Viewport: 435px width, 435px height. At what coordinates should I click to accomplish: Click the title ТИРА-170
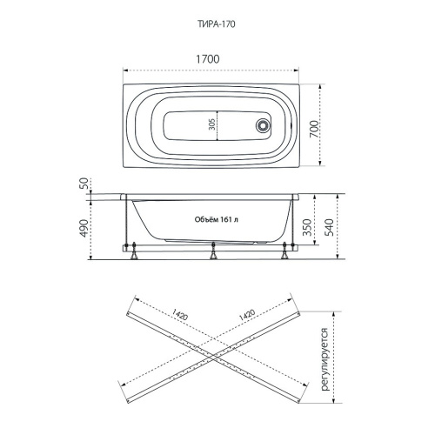tap(217, 24)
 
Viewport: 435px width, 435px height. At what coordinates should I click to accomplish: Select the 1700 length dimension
tap(208, 59)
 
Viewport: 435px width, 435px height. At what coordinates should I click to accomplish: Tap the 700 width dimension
tap(313, 129)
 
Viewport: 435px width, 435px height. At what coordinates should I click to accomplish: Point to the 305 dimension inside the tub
tap(212, 124)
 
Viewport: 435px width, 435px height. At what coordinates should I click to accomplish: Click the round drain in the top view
tap(263, 125)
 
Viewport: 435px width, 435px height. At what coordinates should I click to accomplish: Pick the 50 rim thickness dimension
tap(84, 184)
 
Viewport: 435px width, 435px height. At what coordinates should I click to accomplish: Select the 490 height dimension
tap(84, 228)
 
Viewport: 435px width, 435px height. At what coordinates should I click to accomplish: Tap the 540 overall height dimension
tap(329, 227)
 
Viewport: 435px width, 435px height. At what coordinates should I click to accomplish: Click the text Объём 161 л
tap(217, 219)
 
